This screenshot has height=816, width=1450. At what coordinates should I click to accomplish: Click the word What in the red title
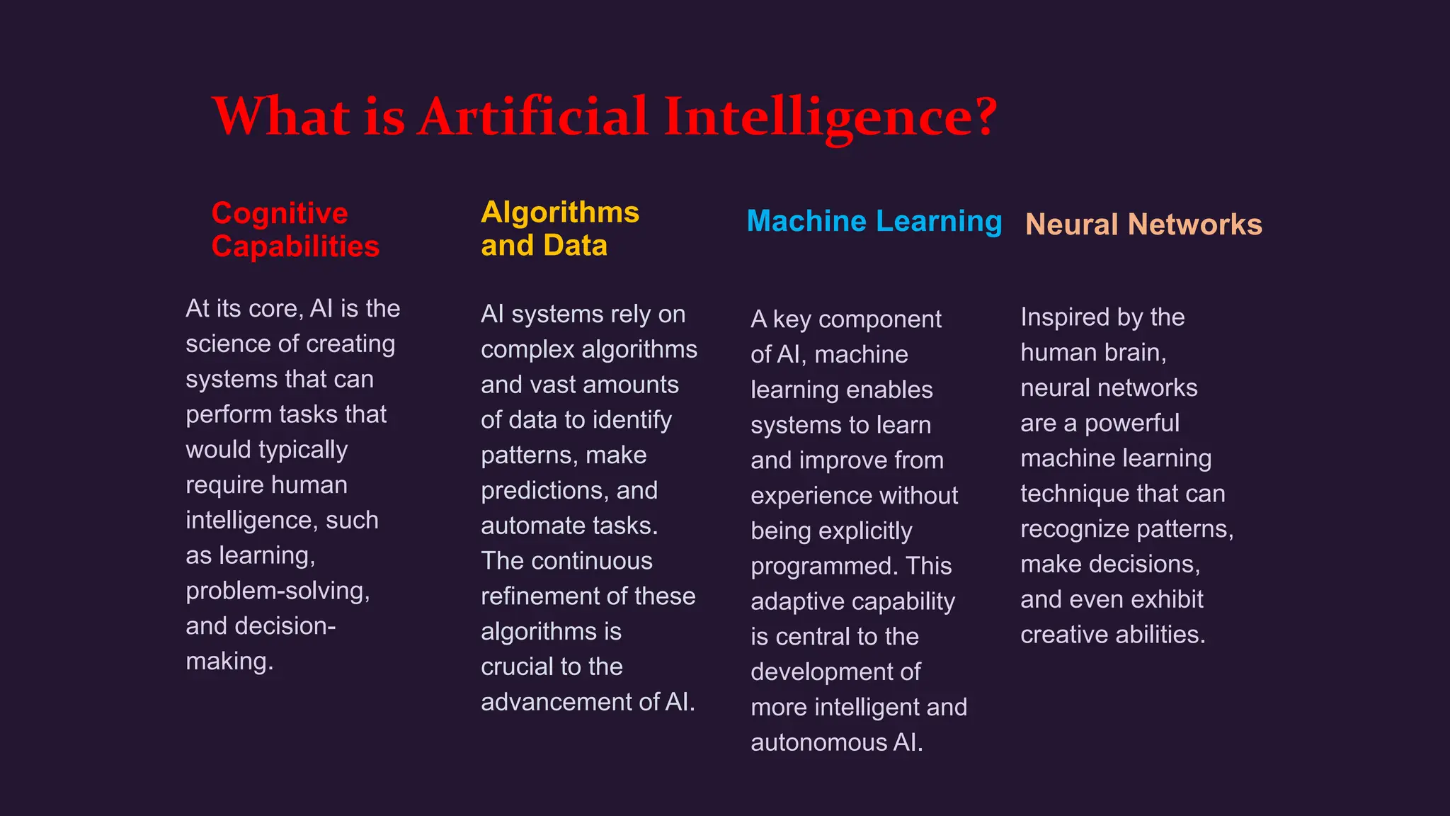coord(281,116)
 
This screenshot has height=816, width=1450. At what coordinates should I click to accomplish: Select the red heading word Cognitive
coord(280,213)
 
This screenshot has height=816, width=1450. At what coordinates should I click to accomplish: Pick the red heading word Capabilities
coord(295,246)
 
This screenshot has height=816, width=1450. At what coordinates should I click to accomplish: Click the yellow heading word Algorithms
coord(560,212)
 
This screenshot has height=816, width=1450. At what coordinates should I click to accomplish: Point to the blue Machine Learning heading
coord(874,222)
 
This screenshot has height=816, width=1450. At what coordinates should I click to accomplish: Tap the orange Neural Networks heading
coord(1143,225)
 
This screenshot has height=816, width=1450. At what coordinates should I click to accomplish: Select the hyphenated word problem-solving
coord(278,591)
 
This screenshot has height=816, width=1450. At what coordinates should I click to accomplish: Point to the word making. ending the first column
coord(229,662)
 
